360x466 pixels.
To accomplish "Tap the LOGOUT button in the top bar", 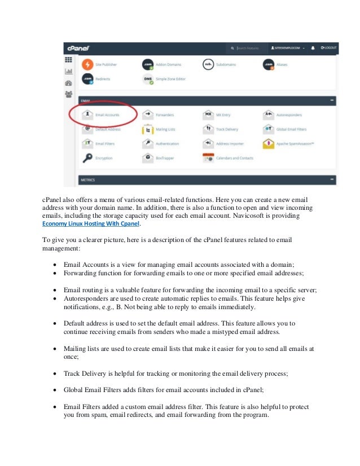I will pyautogui.click(x=327, y=49).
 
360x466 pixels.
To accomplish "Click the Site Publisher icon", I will pyautogui.click(x=87, y=64).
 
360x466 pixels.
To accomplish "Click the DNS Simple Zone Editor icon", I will pyautogui.click(x=148, y=80).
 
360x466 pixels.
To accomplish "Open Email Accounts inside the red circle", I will pyautogui.click(x=108, y=114).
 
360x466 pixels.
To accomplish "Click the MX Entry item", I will pyautogui.click(x=223, y=114).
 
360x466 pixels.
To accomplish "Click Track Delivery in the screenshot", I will pyautogui.click(x=227, y=129).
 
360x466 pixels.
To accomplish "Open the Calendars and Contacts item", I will pyautogui.click(x=234, y=159).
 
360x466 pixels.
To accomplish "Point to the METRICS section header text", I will pyautogui.click(x=88, y=180).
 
